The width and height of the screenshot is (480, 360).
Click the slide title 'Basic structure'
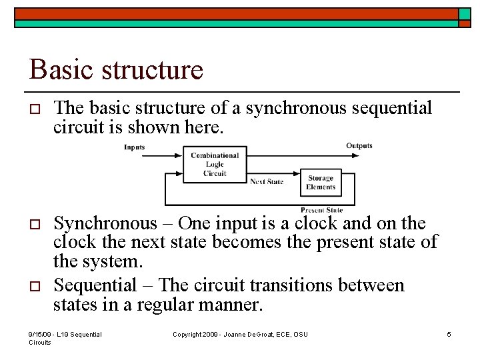[x=116, y=69]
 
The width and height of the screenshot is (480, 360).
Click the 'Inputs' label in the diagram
[x=134, y=147]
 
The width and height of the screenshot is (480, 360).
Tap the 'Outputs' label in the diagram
[x=359, y=145]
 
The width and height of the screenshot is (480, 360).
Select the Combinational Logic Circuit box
[x=215, y=164]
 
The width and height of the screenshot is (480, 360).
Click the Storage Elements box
[x=321, y=183]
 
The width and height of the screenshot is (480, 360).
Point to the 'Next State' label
[x=267, y=181]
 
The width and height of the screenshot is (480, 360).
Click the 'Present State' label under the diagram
[x=321, y=209]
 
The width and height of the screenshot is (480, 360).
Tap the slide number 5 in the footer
[x=449, y=334]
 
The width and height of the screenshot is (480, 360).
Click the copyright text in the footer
[x=240, y=334]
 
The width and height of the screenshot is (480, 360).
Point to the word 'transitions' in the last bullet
[x=293, y=286]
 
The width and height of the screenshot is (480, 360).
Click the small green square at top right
[x=464, y=13]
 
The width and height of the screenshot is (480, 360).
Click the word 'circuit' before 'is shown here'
[x=75, y=127]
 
